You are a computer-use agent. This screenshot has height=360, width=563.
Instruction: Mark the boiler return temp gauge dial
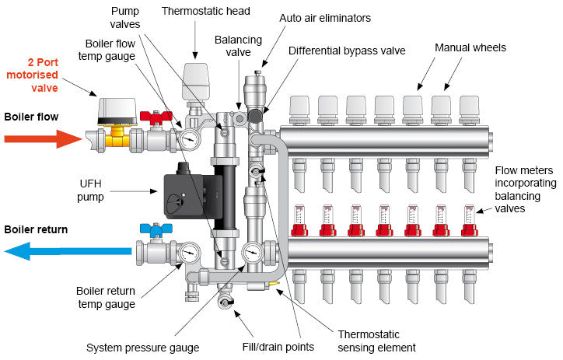coord(188,253)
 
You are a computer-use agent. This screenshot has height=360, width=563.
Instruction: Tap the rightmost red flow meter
coord(469,220)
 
